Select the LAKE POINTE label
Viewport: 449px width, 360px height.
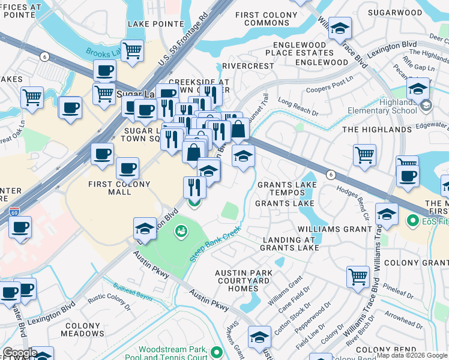[x=155, y=24]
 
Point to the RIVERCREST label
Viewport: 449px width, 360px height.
[x=244, y=66]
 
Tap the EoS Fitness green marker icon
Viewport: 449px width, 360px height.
[x=412, y=221]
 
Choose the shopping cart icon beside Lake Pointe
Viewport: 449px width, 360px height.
[x=132, y=50]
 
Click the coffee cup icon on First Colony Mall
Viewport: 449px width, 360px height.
[x=127, y=168]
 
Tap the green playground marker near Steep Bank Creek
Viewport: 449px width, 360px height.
[x=181, y=231]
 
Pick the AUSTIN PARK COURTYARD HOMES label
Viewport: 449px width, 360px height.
[x=244, y=280]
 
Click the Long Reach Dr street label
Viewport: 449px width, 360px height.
[x=298, y=107]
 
